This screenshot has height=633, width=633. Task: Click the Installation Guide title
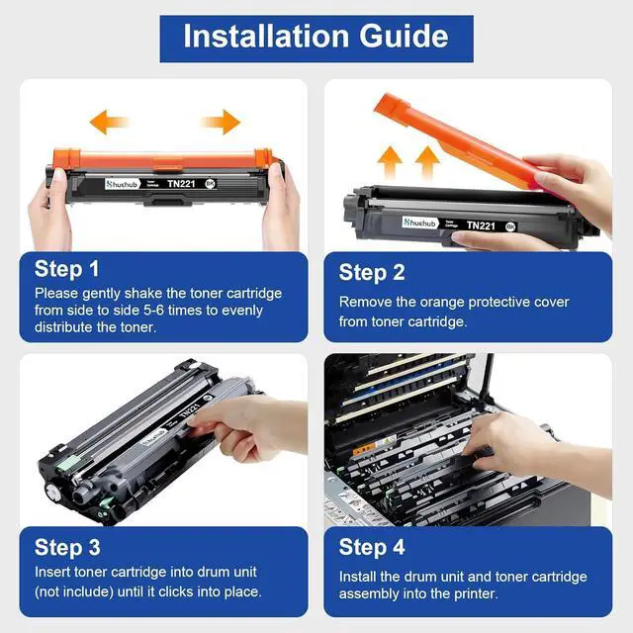tap(316, 37)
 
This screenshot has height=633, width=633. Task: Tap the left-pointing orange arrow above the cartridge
tap(108, 122)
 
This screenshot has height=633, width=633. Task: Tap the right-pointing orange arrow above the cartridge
tap(222, 122)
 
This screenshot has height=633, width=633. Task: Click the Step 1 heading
tap(66, 269)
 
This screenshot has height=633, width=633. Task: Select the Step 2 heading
tap(372, 272)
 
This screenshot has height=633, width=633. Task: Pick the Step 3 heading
tap(67, 548)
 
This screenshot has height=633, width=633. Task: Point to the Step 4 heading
tap(372, 547)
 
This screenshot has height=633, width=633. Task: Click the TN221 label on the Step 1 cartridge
tap(181, 184)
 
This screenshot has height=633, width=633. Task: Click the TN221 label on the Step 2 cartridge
tap(481, 226)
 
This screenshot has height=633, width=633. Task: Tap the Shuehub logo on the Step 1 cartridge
tap(122, 185)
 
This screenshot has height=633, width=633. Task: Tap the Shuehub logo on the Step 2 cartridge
tap(419, 223)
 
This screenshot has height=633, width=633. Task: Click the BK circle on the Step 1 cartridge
tap(211, 184)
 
